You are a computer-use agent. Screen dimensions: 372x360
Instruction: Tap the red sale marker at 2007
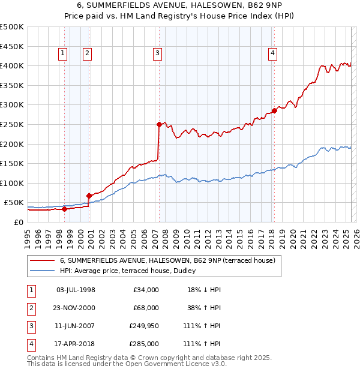pyautogui.click(x=159, y=124)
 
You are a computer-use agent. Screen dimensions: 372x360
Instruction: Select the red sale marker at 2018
pyautogui.click(x=274, y=110)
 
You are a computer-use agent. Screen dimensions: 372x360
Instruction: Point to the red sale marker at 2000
pyautogui.click(x=89, y=196)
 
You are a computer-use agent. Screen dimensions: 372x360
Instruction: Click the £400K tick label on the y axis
pyautogui.click(x=12, y=65)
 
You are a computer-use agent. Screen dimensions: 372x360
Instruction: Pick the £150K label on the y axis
pyautogui.click(x=12, y=163)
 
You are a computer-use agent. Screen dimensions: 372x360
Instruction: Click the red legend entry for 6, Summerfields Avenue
pyautogui.click(x=167, y=260)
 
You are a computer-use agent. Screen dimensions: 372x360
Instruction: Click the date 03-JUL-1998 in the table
pyautogui.click(x=76, y=290)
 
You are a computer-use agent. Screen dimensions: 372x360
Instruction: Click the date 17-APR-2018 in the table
pyautogui.click(x=76, y=344)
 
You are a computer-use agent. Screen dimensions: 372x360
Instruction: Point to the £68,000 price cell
pyautogui.click(x=146, y=308)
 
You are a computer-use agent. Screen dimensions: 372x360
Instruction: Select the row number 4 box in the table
pyautogui.click(x=29, y=344)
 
